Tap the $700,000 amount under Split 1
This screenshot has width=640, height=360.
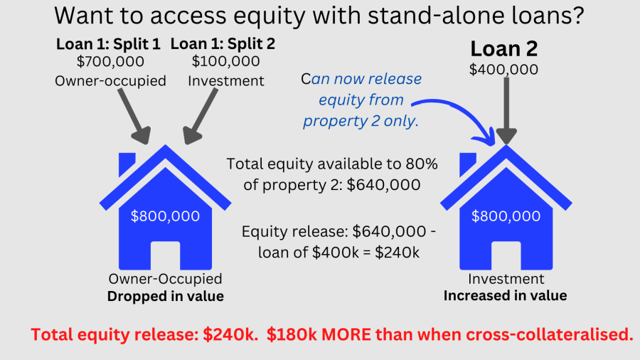[110, 63]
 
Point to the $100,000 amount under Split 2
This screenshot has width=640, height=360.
[225, 63]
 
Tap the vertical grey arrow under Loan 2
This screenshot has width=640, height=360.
[505, 110]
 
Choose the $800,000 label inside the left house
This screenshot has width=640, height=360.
[165, 216]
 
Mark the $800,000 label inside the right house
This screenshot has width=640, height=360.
[506, 216]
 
